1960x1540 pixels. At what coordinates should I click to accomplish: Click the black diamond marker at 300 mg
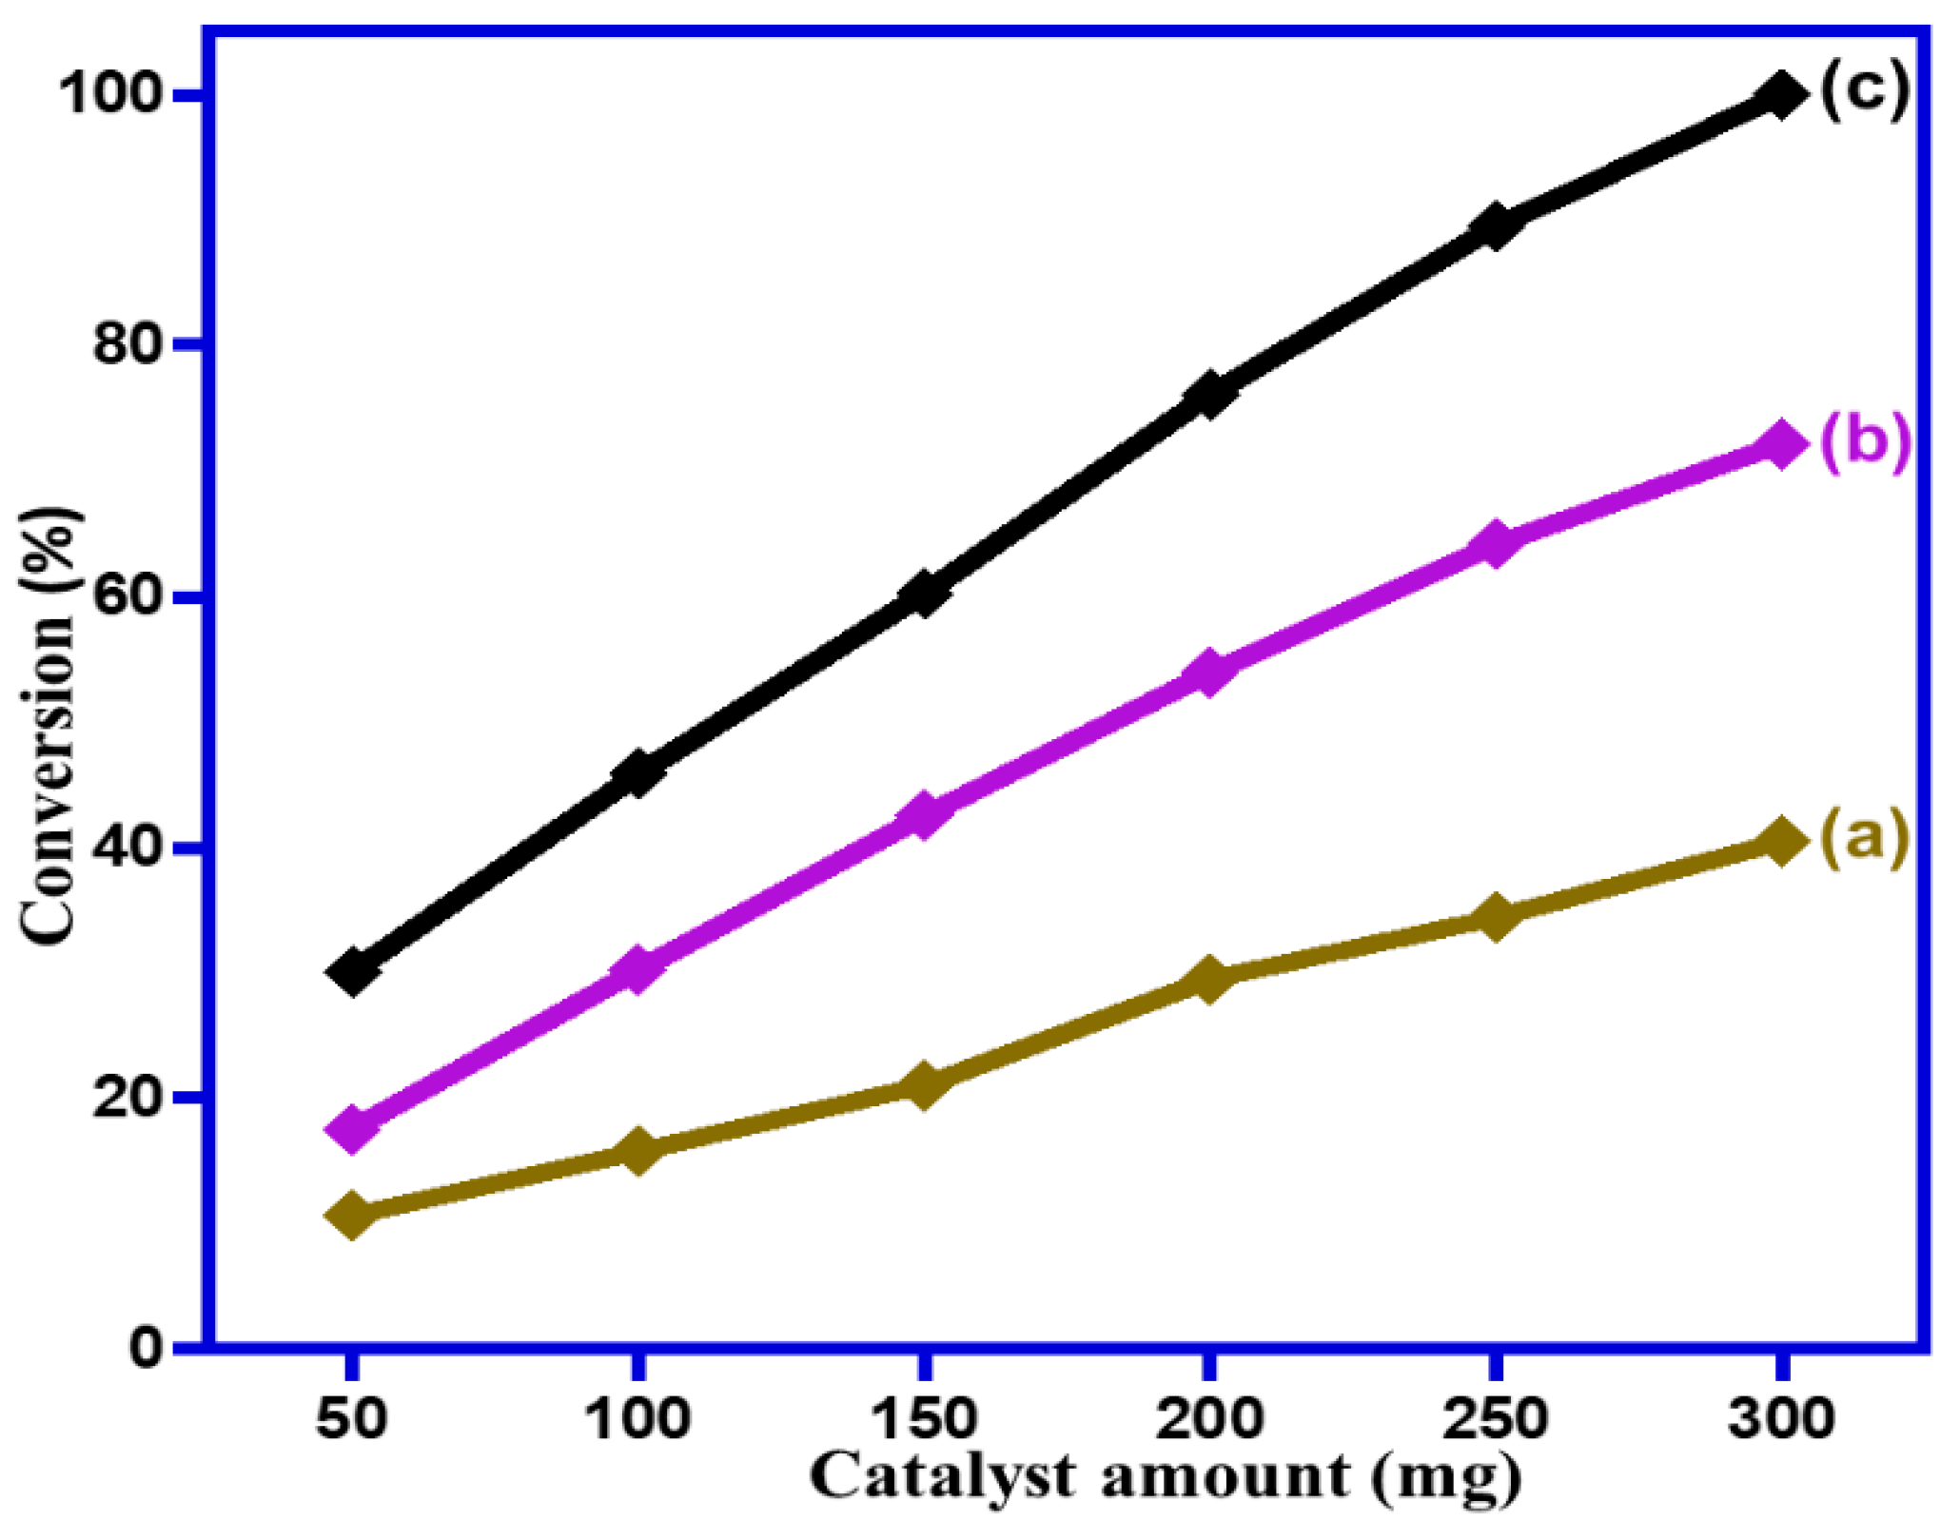[1779, 96]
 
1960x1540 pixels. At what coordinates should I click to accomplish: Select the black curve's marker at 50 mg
[352, 971]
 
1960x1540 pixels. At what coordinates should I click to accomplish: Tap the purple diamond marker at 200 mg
[1208, 673]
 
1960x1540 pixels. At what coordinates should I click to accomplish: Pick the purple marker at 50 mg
[352, 1128]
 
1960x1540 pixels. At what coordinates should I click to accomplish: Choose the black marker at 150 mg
[922, 594]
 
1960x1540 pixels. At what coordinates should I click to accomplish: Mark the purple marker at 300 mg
[1779, 445]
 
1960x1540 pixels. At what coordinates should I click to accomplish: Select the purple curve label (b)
[1864, 441]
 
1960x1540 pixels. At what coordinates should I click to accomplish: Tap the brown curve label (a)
[1864, 837]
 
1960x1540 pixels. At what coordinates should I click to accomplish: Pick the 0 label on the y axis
[150, 1348]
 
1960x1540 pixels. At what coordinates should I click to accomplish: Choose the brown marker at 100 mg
[637, 1152]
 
